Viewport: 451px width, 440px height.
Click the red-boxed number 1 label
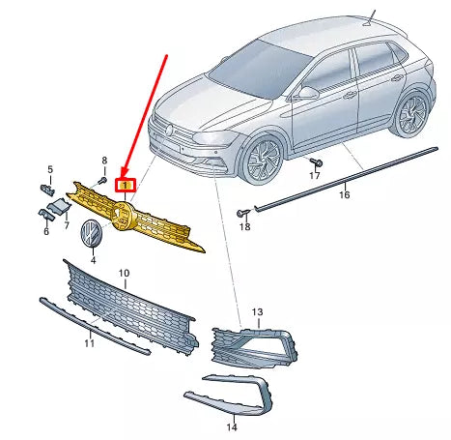click(x=126, y=185)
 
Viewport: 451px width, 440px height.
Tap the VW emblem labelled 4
click(x=91, y=233)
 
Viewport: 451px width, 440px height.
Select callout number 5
click(x=50, y=169)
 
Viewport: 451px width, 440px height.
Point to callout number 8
click(x=104, y=160)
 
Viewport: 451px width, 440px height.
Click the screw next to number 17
click(x=317, y=162)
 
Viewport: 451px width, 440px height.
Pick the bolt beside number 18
click(x=243, y=213)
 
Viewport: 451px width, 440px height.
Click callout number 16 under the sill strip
click(x=344, y=194)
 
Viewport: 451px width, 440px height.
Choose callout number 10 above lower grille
click(x=124, y=273)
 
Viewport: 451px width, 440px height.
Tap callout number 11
click(x=89, y=343)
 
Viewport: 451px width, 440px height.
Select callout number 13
click(x=257, y=311)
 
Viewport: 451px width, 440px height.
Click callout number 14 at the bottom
click(x=232, y=427)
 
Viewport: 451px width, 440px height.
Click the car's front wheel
click(x=261, y=158)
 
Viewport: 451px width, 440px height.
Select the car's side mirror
click(x=307, y=93)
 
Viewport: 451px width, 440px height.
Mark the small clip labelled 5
click(x=47, y=190)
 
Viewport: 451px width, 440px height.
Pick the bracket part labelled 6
click(x=46, y=215)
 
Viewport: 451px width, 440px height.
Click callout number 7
click(x=67, y=224)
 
